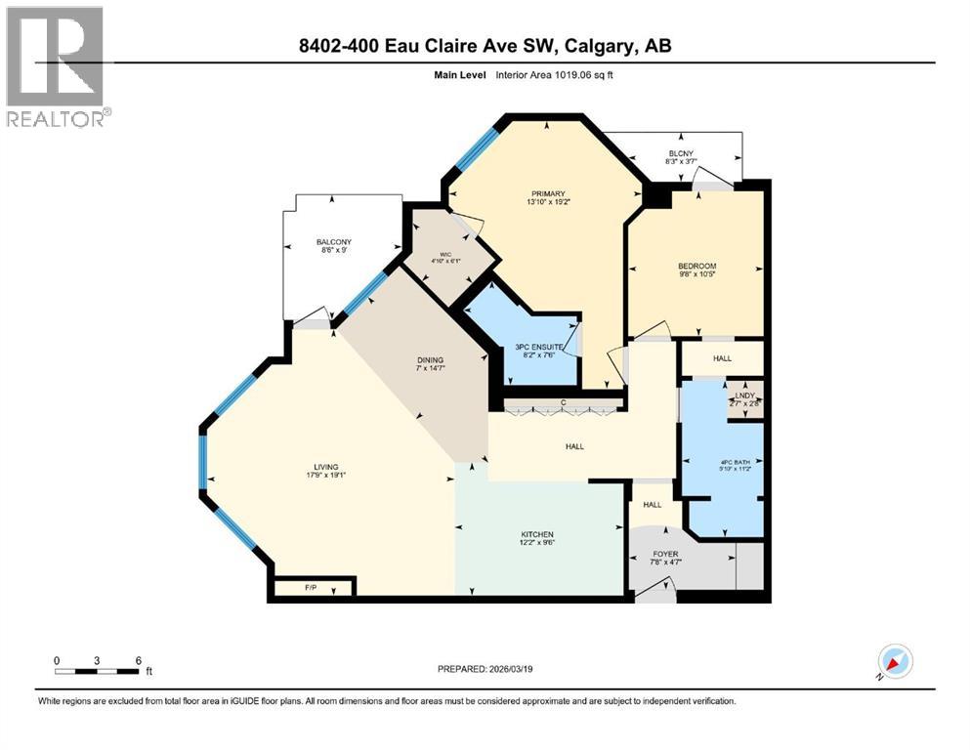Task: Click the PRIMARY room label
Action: [x=547, y=193]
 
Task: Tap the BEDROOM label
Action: [x=697, y=267]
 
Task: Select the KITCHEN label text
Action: [x=537, y=534]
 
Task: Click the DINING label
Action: [x=422, y=360]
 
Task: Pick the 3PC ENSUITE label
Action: [x=535, y=347]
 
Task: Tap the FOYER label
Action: [x=666, y=554]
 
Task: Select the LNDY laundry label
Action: [x=746, y=395]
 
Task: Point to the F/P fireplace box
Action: [x=313, y=587]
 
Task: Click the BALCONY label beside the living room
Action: [x=334, y=242]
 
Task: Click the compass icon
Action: [x=894, y=661]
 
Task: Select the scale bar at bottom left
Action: [x=98, y=671]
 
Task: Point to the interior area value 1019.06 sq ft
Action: [x=576, y=74]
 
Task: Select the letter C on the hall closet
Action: [x=564, y=403]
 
